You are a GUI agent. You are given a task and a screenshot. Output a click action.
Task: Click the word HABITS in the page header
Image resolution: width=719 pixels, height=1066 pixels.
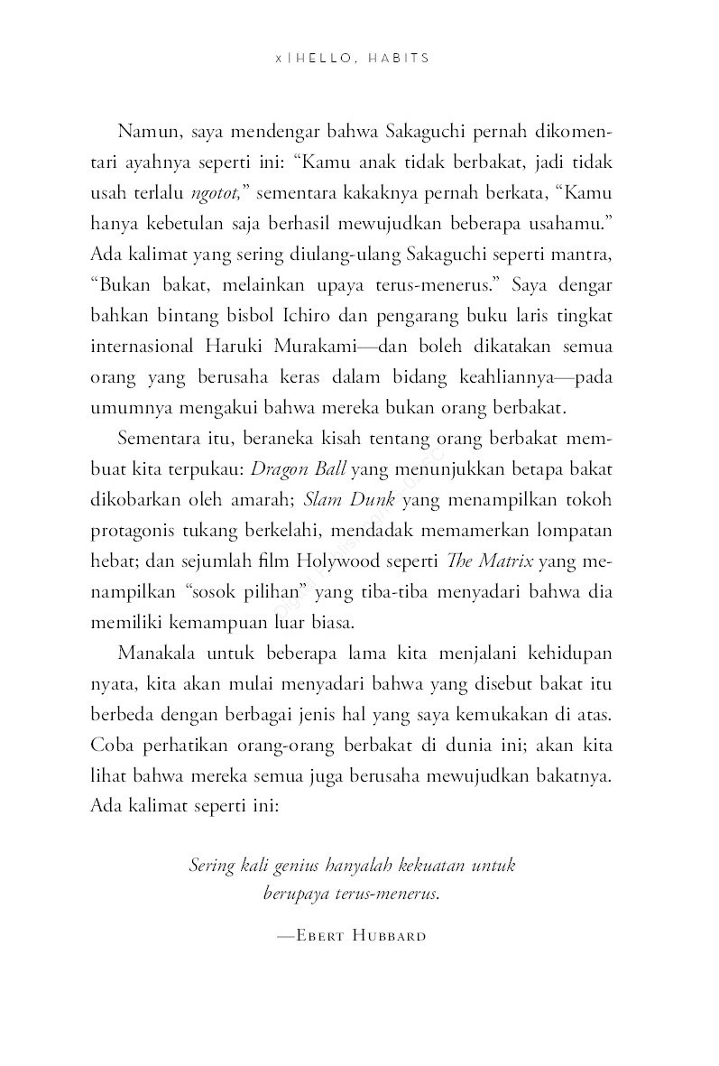tap(399, 57)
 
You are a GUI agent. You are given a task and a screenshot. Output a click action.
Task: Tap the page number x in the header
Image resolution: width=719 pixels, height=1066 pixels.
tap(279, 57)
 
